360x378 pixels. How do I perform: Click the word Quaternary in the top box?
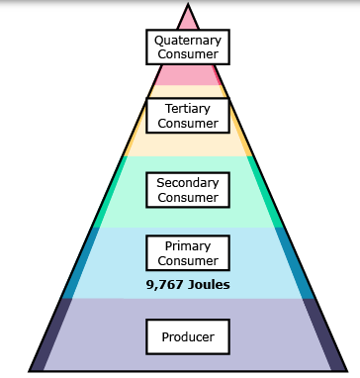coord(188,41)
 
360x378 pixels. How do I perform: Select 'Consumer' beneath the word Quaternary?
coord(188,54)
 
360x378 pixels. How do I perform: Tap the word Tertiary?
coord(188,109)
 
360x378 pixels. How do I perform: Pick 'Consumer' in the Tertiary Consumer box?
coord(188,124)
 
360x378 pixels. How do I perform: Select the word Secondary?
coord(188,183)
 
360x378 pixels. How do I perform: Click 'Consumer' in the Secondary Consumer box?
coord(188,198)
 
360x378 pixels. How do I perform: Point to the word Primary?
coord(188,246)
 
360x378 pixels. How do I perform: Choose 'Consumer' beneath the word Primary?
coord(188,261)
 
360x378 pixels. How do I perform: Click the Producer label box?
coord(188,336)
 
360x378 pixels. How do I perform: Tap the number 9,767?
coord(164,285)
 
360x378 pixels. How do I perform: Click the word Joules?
coord(209,285)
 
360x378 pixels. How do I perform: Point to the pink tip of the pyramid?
coord(188,17)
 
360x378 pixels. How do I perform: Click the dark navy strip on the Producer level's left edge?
coord(50,334)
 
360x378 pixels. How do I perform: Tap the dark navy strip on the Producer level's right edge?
coord(324,334)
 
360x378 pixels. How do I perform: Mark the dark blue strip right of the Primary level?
coord(295,263)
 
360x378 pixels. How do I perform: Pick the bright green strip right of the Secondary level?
coord(266,192)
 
